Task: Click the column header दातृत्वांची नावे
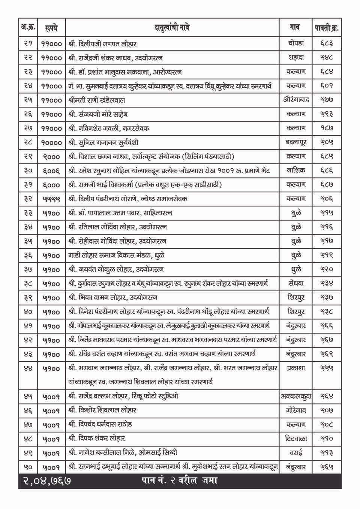pyautogui.click(x=172, y=28)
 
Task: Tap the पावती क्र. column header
pyautogui.click(x=326, y=28)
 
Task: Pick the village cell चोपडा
pyautogui.click(x=296, y=43)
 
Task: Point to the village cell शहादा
pyautogui.click(x=296, y=58)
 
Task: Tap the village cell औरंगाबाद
pyautogui.click(x=296, y=100)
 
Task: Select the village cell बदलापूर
pyautogui.click(x=296, y=142)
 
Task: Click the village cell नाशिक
pyautogui.click(x=296, y=171)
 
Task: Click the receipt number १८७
pyautogui.click(x=326, y=128)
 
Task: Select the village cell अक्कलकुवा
pyautogui.click(x=296, y=396)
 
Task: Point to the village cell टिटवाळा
pyautogui.click(x=296, y=439)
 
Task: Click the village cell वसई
pyautogui.click(x=296, y=453)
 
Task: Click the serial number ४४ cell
pyautogui.click(x=28, y=368)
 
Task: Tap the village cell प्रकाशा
pyautogui.click(x=296, y=368)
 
